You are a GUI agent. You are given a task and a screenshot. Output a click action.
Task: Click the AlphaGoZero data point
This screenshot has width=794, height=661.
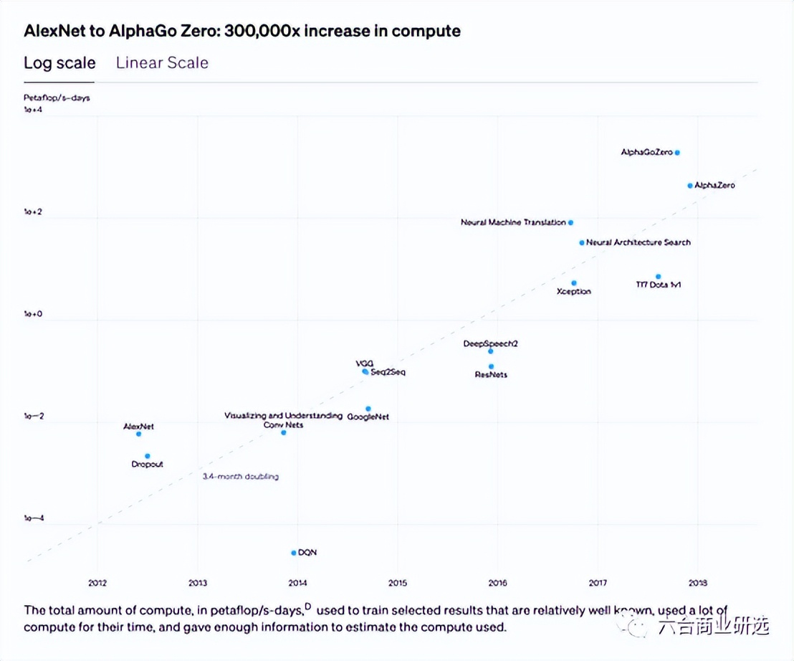tap(677, 152)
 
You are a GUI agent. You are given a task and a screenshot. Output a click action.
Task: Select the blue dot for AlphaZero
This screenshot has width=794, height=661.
tap(690, 185)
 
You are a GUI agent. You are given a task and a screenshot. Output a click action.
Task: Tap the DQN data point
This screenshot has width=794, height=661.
tap(294, 552)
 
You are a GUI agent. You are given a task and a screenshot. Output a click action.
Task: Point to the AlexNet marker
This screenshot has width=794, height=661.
tap(138, 434)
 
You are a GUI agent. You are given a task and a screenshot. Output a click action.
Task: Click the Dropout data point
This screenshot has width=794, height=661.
tap(148, 456)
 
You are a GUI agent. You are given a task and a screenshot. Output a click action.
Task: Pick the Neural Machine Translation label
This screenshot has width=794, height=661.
tap(513, 222)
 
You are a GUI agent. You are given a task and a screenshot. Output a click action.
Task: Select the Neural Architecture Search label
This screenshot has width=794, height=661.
tap(638, 242)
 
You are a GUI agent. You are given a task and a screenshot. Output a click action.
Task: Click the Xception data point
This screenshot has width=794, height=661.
tap(574, 283)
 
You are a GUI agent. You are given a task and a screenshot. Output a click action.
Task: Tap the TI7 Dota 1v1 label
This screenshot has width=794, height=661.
tap(658, 285)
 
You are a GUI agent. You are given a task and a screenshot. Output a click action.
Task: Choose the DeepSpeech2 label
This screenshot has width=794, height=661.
tap(490, 343)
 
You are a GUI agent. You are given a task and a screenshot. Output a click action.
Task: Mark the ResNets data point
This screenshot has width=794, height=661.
tap(491, 366)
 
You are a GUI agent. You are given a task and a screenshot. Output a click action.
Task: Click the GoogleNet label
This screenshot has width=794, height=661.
tap(368, 417)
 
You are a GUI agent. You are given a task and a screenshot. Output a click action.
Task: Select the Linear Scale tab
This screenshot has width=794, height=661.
tap(162, 62)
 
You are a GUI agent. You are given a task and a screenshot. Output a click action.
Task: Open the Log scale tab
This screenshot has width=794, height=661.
tap(59, 62)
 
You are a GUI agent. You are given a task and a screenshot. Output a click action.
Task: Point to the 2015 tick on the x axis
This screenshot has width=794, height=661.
tap(397, 583)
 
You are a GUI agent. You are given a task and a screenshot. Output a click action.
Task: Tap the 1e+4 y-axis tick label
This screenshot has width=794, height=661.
tap(34, 110)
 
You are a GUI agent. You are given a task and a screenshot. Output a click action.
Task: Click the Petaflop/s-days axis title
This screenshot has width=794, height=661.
tap(57, 98)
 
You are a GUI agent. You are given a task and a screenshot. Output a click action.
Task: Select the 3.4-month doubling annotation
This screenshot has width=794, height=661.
tap(240, 476)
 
